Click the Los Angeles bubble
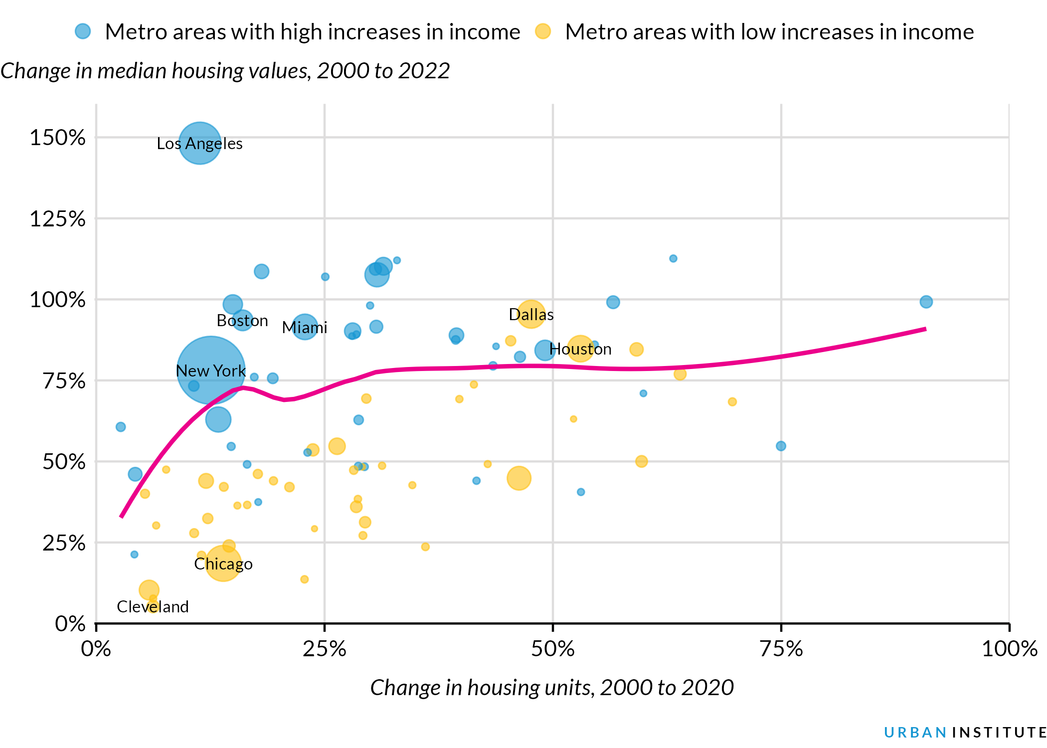(199, 143)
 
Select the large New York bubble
(211, 370)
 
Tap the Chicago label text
(223, 564)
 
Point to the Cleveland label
(153, 607)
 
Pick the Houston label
(580, 349)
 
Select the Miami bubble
(305, 327)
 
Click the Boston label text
(242, 321)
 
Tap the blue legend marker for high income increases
(83, 31)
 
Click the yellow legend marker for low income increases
(542, 31)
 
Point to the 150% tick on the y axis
(57, 138)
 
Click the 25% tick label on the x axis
(325, 649)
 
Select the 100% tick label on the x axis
(1009, 649)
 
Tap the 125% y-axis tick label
(57, 219)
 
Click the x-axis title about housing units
(552, 688)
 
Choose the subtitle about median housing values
(225, 71)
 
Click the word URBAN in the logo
(915, 733)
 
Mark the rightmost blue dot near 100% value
(926, 302)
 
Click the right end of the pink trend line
(925, 329)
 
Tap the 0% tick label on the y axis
(70, 624)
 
